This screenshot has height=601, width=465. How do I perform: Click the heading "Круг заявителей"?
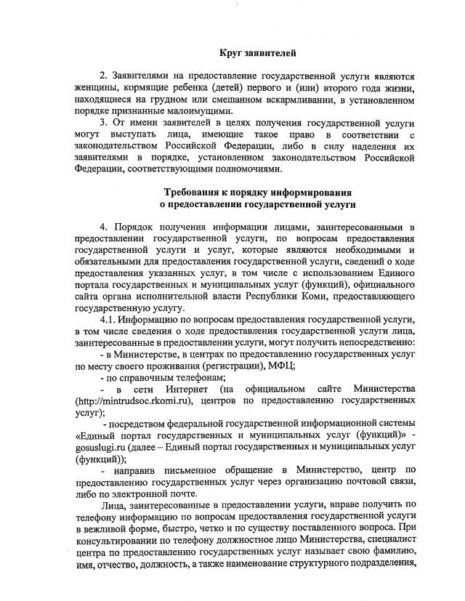coord(258,52)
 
